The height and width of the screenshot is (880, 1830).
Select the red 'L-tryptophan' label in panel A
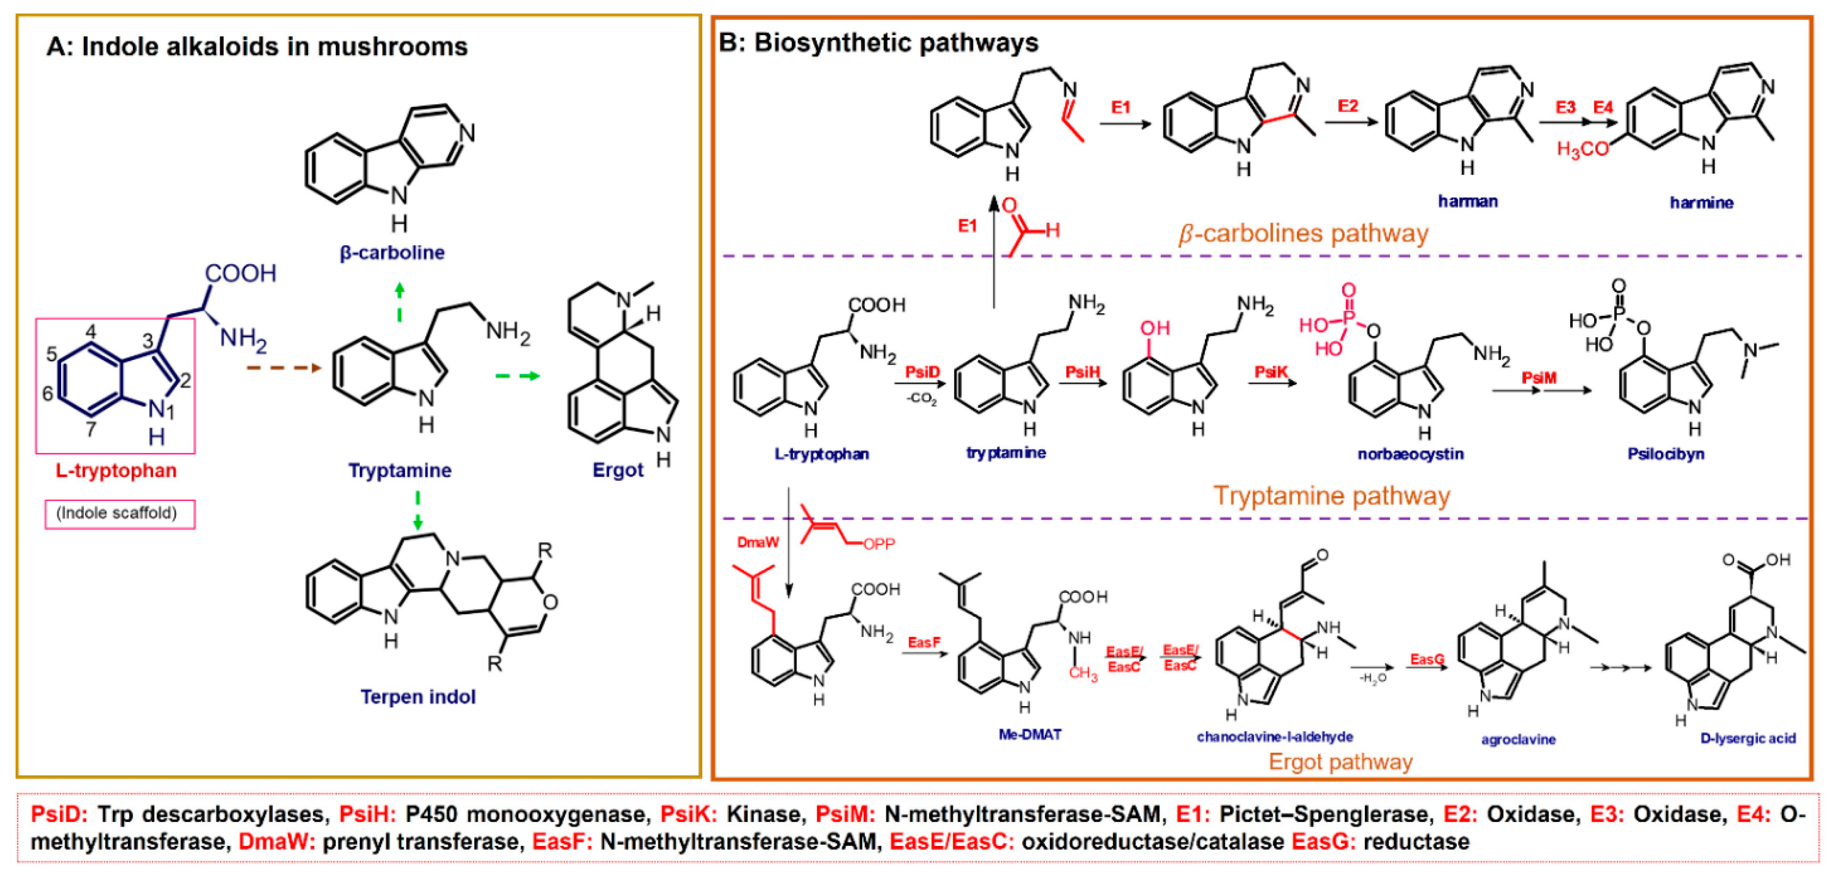pos(116,470)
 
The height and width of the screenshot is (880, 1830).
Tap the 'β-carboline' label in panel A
pos(392,253)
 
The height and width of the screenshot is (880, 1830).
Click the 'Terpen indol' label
pos(418,697)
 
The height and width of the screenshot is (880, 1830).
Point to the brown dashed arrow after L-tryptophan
pos(283,368)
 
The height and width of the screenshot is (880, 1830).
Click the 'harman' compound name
pos(1468,202)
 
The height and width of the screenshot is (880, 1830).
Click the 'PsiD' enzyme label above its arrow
pos(922,372)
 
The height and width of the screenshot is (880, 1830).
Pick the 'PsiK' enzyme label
pos(1271,372)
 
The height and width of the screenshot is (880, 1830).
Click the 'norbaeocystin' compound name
pos(1410,454)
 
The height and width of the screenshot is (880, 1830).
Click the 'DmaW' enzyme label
pos(757,543)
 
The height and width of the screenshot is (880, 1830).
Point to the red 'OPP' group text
pos(879,544)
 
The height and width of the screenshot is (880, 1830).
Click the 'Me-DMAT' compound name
pos(1029,735)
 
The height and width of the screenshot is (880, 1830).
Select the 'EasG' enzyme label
pos(1427,659)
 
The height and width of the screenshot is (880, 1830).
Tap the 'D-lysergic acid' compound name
pos(1748,739)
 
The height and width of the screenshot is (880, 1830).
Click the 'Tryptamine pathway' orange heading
pos(1330,496)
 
